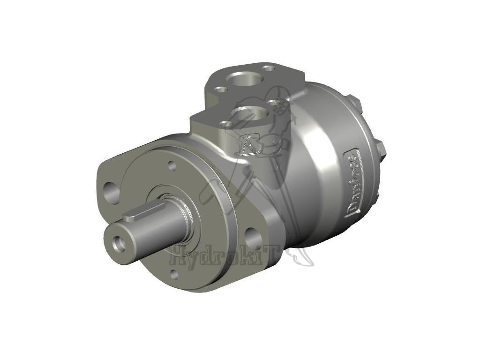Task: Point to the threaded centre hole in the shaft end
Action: pos(115,242)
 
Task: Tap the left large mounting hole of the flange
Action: pos(111,193)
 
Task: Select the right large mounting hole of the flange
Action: pos(254,239)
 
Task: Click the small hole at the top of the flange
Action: pos(172,165)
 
